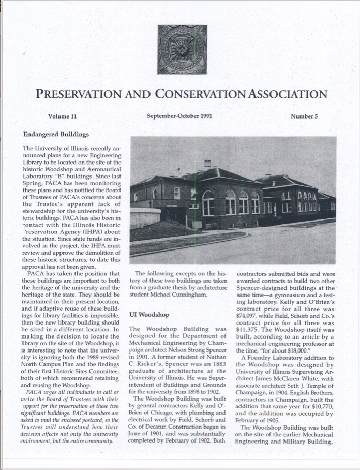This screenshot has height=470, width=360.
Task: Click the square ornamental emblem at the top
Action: click(x=182, y=50)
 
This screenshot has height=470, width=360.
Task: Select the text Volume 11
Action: click(x=62, y=116)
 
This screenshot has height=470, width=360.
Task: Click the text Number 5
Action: click(x=304, y=116)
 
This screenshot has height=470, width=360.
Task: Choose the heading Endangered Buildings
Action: click(x=56, y=134)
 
